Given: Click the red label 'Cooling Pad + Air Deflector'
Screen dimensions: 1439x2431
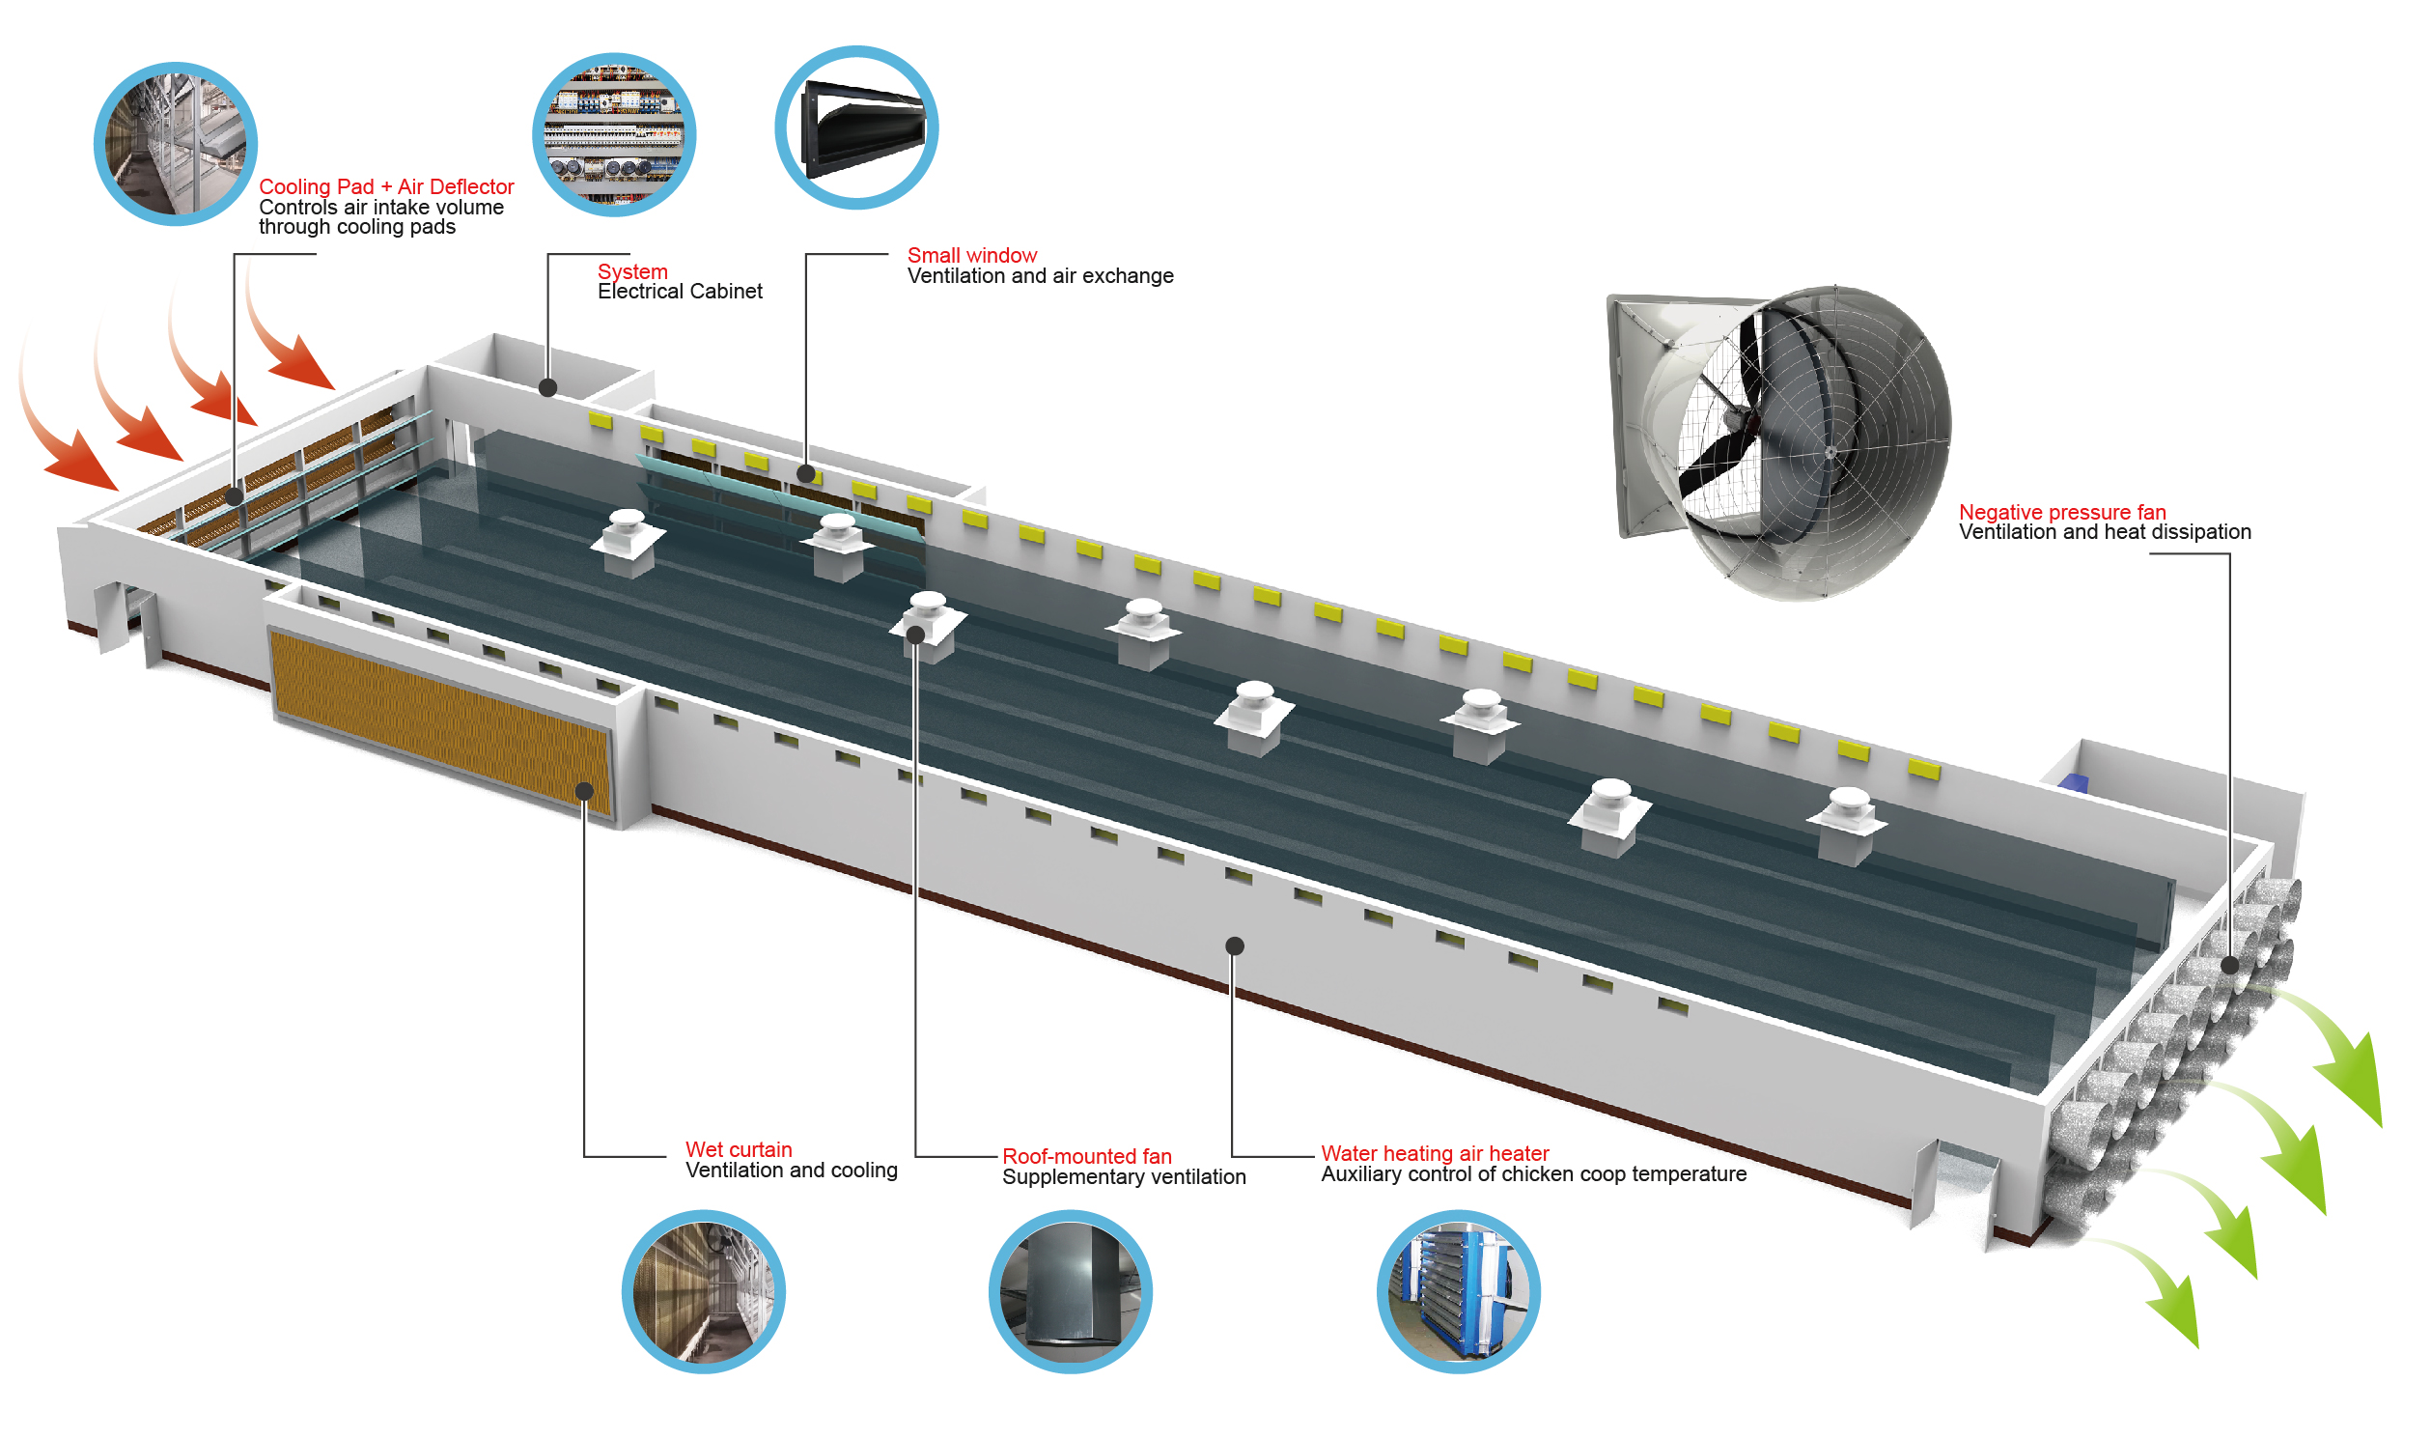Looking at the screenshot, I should click(386, 186).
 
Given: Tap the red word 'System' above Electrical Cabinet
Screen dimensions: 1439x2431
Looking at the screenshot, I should click(632, 271).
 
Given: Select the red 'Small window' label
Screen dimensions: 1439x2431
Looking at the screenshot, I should click(971, 255).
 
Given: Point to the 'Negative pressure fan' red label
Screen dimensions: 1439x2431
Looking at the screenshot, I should click(2061, 512).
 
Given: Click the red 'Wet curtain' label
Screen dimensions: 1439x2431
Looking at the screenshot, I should click(739, 1149).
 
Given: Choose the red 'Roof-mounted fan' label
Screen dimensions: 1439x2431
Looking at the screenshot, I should click(1086, 1156).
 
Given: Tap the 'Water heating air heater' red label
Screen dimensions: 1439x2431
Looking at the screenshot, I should click(1435, 1153).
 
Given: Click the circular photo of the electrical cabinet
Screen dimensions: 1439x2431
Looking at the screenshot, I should click(615, 135).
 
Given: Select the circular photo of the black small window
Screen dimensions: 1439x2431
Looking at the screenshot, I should click(857, 127).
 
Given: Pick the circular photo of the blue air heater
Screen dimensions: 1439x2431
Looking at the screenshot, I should click(1458, 1290).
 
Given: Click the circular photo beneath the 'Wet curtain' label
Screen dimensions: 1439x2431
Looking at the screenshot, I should click(704, 1290).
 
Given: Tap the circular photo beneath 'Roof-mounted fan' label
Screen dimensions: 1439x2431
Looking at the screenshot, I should click(1070, 1290).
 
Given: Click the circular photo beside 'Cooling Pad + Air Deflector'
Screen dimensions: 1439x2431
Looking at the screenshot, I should click(176, 145).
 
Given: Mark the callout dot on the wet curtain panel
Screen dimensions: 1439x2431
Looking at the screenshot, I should click(584, 791).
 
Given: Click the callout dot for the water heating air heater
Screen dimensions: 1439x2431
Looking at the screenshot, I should click(1234, 945).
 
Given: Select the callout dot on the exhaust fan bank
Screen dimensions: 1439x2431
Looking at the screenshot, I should click(2229, 965).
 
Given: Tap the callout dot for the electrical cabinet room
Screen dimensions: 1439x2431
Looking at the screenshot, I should click(547, 388).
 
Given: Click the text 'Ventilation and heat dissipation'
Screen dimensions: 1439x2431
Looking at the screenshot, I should click(2105, 532).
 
